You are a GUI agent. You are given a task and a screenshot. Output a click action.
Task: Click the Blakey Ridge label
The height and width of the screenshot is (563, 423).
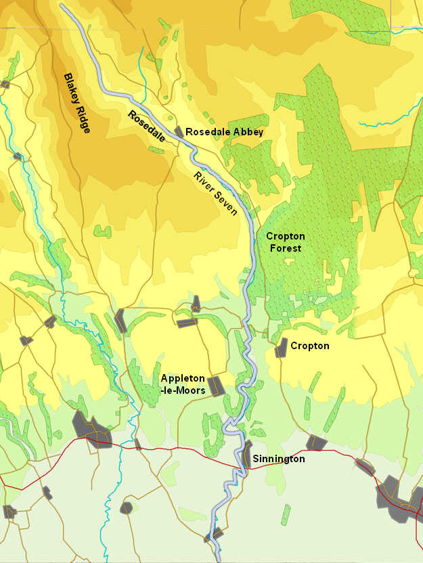(77, 103)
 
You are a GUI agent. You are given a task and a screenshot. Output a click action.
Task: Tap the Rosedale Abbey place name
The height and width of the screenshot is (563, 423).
(224, 132)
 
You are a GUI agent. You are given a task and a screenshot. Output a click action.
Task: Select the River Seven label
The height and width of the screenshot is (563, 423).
(215, 194)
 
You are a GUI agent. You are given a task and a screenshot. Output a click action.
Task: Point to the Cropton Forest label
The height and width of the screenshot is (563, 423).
(285, 242)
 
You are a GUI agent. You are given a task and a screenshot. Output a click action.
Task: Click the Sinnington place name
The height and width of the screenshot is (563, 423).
(279, 459)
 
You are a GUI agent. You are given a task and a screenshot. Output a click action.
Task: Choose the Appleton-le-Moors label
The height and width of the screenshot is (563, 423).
(182, 384)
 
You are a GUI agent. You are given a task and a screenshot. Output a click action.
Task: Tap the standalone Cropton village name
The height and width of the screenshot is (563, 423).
(309, 346)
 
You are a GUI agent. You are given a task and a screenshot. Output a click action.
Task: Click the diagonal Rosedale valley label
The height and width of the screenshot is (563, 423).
(147, 125)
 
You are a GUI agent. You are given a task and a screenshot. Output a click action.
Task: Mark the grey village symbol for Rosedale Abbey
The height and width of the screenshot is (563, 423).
(179, 131)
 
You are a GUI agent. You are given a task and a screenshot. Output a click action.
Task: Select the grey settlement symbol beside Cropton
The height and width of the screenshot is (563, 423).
(281, 348)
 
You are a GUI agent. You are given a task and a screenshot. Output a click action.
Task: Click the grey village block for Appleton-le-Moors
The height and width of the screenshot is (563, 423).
(215, 386)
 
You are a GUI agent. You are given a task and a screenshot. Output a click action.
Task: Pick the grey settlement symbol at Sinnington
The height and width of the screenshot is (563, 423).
(247, 455)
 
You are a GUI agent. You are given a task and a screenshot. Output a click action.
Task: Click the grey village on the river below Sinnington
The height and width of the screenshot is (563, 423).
(213, 537)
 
